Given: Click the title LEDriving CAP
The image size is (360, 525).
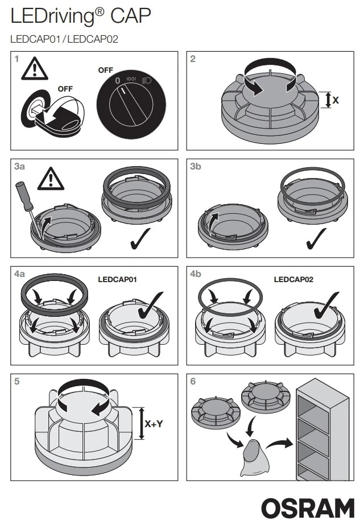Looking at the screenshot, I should (81, 17).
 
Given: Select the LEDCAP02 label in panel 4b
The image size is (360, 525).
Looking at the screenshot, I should (293, 280).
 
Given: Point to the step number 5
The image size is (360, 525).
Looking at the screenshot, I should (18, 381).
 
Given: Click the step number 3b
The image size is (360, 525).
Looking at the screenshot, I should (195, 167).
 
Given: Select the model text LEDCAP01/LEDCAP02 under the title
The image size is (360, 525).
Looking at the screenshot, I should (64, 39).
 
